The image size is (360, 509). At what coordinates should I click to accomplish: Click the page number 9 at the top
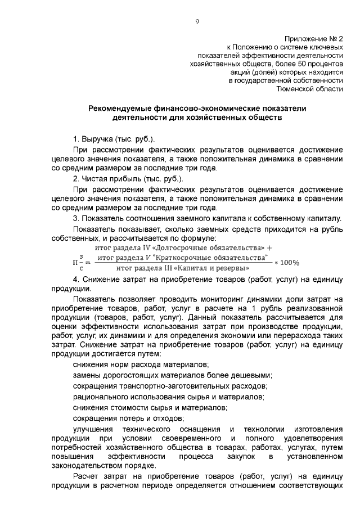197,21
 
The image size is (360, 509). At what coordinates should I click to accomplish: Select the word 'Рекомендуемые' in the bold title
122,108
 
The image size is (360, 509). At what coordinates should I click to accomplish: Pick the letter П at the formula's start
75,262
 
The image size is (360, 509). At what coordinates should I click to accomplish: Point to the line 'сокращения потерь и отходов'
129,418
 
